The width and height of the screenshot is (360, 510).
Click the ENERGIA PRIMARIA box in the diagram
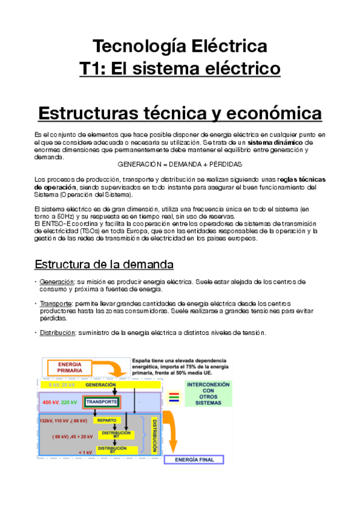click(x=70, y=367)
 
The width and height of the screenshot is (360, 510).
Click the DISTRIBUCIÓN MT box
click(x=113, y=434)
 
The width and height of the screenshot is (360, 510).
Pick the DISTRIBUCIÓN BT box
click(x=113, y=449)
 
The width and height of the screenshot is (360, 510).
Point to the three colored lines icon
click(x=173, y=397)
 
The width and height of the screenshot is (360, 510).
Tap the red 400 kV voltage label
click(x=50, y=402)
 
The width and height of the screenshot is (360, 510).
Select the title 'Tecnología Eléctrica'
click(x=180, y=46)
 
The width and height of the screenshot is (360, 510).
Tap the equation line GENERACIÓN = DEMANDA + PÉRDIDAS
click(x=180, y=164)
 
